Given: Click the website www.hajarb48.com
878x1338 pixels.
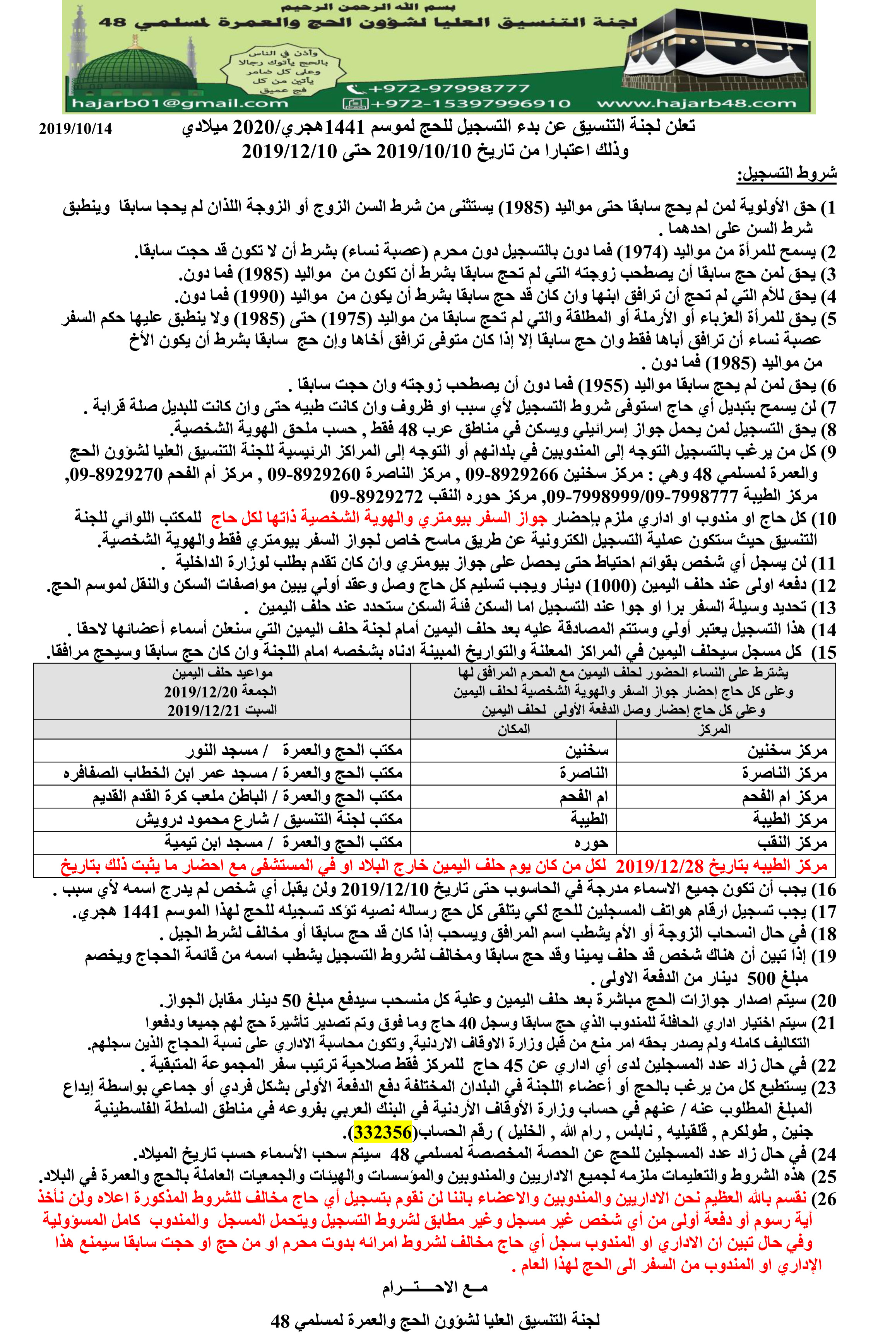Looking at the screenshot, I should coord(697,103).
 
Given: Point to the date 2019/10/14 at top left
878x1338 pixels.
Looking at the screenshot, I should coord(75,129).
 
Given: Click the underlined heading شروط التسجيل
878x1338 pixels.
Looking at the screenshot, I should coord(786,175).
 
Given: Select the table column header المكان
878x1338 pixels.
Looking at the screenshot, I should coord(513,729).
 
